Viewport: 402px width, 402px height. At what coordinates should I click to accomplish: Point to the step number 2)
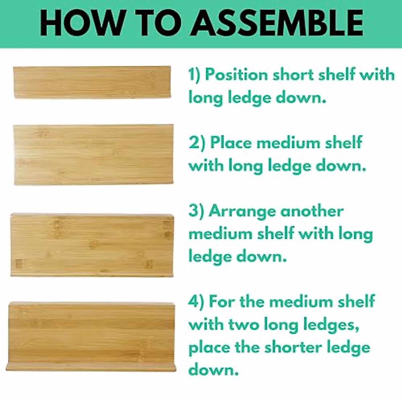click(197, 143)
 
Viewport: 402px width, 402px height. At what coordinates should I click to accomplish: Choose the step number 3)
click(196, 211)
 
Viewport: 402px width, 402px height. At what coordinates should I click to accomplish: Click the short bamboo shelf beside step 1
click(92, 82)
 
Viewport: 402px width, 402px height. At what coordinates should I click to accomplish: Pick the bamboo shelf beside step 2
click(93, 154)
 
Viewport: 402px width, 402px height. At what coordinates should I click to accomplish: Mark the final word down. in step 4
click(213, 370)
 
